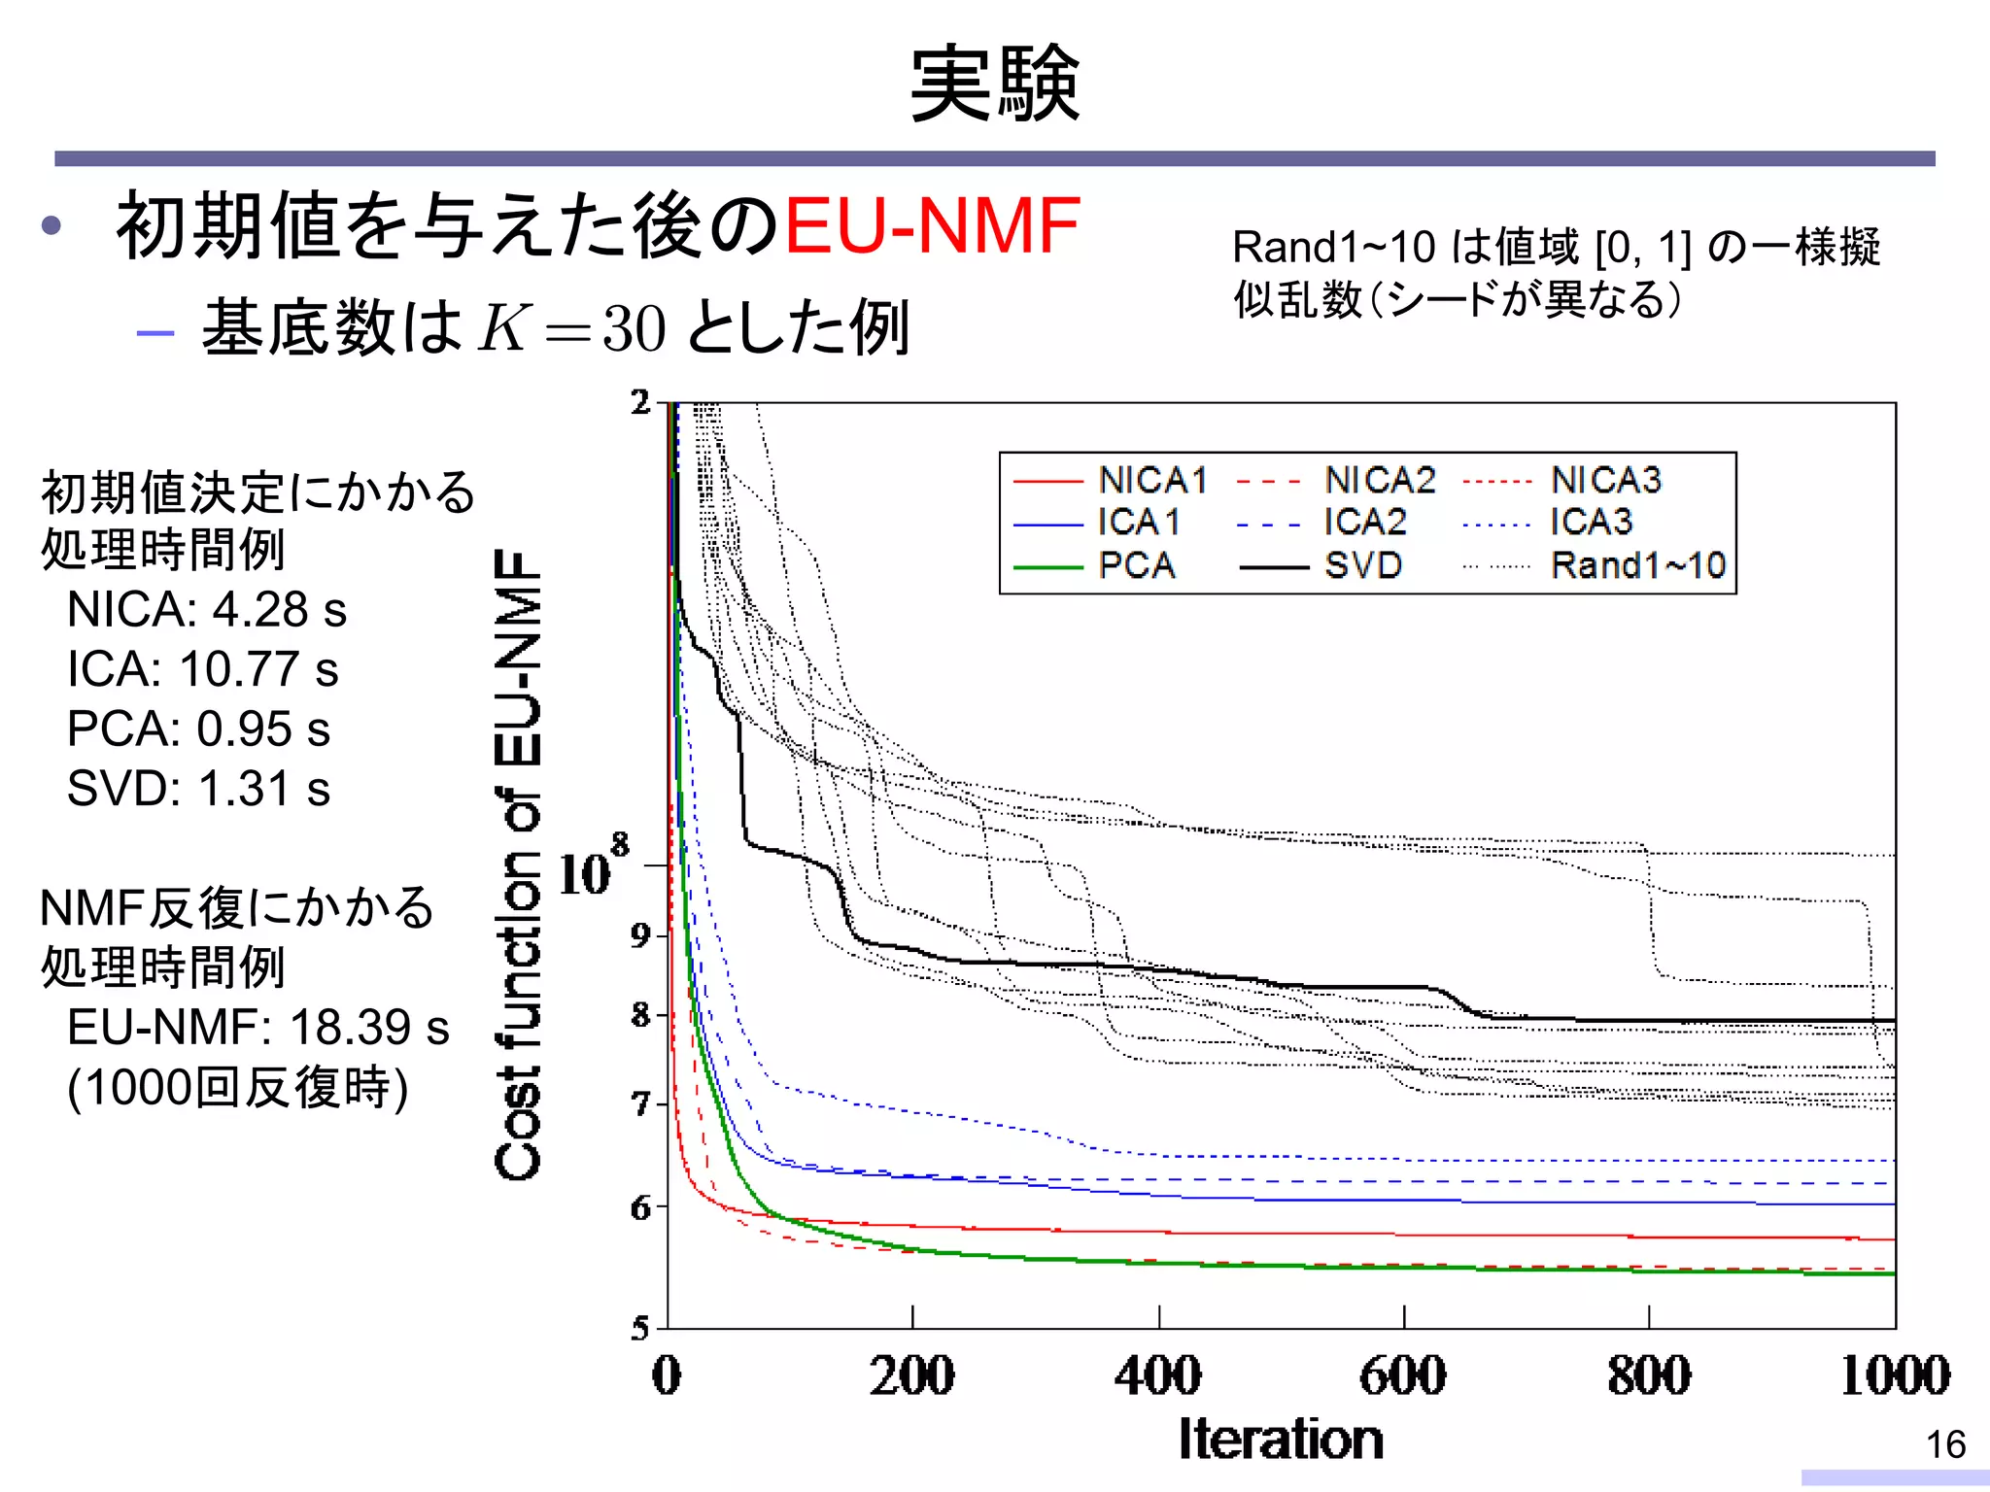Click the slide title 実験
[994, 85]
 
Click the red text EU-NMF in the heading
[931, 226]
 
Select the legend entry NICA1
[1152, 480]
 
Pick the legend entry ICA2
[1364, 523]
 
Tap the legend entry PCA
[1137, 565]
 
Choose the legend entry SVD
[1362, 565]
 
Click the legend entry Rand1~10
[1637, 565]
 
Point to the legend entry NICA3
[1605, 480]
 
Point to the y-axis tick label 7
[640, 1104]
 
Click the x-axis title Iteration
[1280, 1440]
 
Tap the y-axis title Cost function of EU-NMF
[518, 865]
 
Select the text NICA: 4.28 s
[206, 610]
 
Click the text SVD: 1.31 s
[198, 789]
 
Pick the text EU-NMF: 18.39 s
[257, 1028]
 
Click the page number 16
[1945, 1444]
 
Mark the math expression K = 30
[571, 328]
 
